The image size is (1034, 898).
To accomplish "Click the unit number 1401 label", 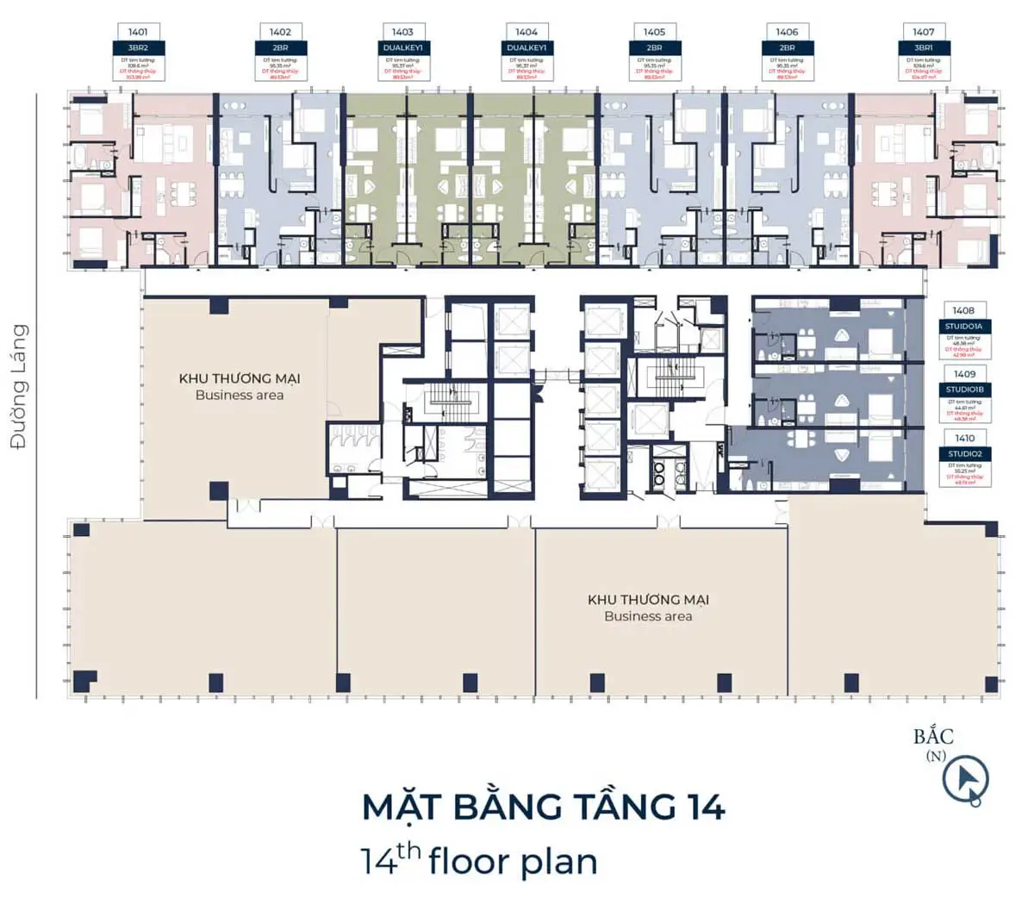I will point(138,32).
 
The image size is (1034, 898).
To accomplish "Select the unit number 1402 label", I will point(280,32).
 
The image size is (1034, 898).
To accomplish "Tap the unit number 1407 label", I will point(924,32).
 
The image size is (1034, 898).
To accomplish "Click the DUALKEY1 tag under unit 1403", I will point(403,48).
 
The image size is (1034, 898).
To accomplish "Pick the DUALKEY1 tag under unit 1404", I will point(526,48).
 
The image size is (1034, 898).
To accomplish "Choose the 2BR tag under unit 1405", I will point(655,48).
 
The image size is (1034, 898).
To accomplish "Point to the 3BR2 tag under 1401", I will point(138,48).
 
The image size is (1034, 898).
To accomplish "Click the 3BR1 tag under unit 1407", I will point(924,48).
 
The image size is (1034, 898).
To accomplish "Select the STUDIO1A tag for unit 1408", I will point(964,327).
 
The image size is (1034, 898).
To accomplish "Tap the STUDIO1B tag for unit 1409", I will point(964,390).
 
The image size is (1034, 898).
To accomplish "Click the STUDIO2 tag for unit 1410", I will point(964,454).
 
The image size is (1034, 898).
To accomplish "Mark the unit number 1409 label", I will point(964,374).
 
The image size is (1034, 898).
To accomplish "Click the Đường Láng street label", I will point(19,385).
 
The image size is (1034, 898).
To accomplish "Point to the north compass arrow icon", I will point(965,780).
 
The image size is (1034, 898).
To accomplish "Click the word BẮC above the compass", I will point(934,737).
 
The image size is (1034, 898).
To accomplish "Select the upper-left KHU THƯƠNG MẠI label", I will point(240,378).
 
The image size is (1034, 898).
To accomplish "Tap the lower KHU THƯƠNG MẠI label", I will point(648,600).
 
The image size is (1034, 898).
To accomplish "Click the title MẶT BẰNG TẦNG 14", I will point(543,808).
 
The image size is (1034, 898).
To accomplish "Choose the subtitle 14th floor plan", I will point(479,861).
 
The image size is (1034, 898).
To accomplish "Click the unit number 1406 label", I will point(788,32).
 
